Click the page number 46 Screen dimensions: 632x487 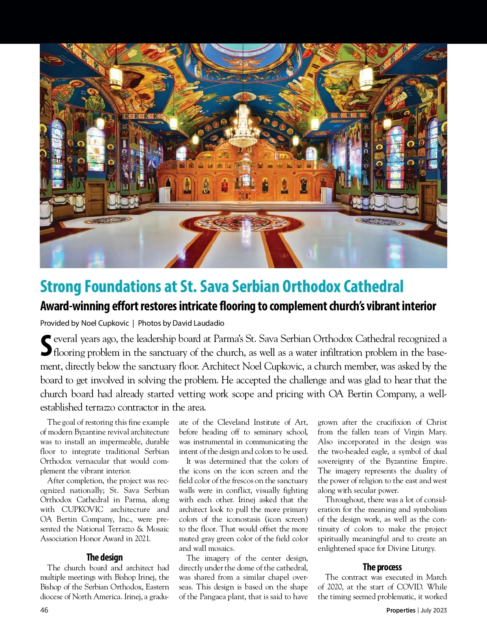[44, 610]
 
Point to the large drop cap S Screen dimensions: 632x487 [46, 345]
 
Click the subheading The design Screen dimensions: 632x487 [104, 557]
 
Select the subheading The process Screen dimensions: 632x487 [382, 567]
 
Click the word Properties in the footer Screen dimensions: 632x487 [401, 610]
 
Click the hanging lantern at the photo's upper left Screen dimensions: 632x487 [116, 76]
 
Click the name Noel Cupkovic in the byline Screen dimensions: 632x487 [105, 323]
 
